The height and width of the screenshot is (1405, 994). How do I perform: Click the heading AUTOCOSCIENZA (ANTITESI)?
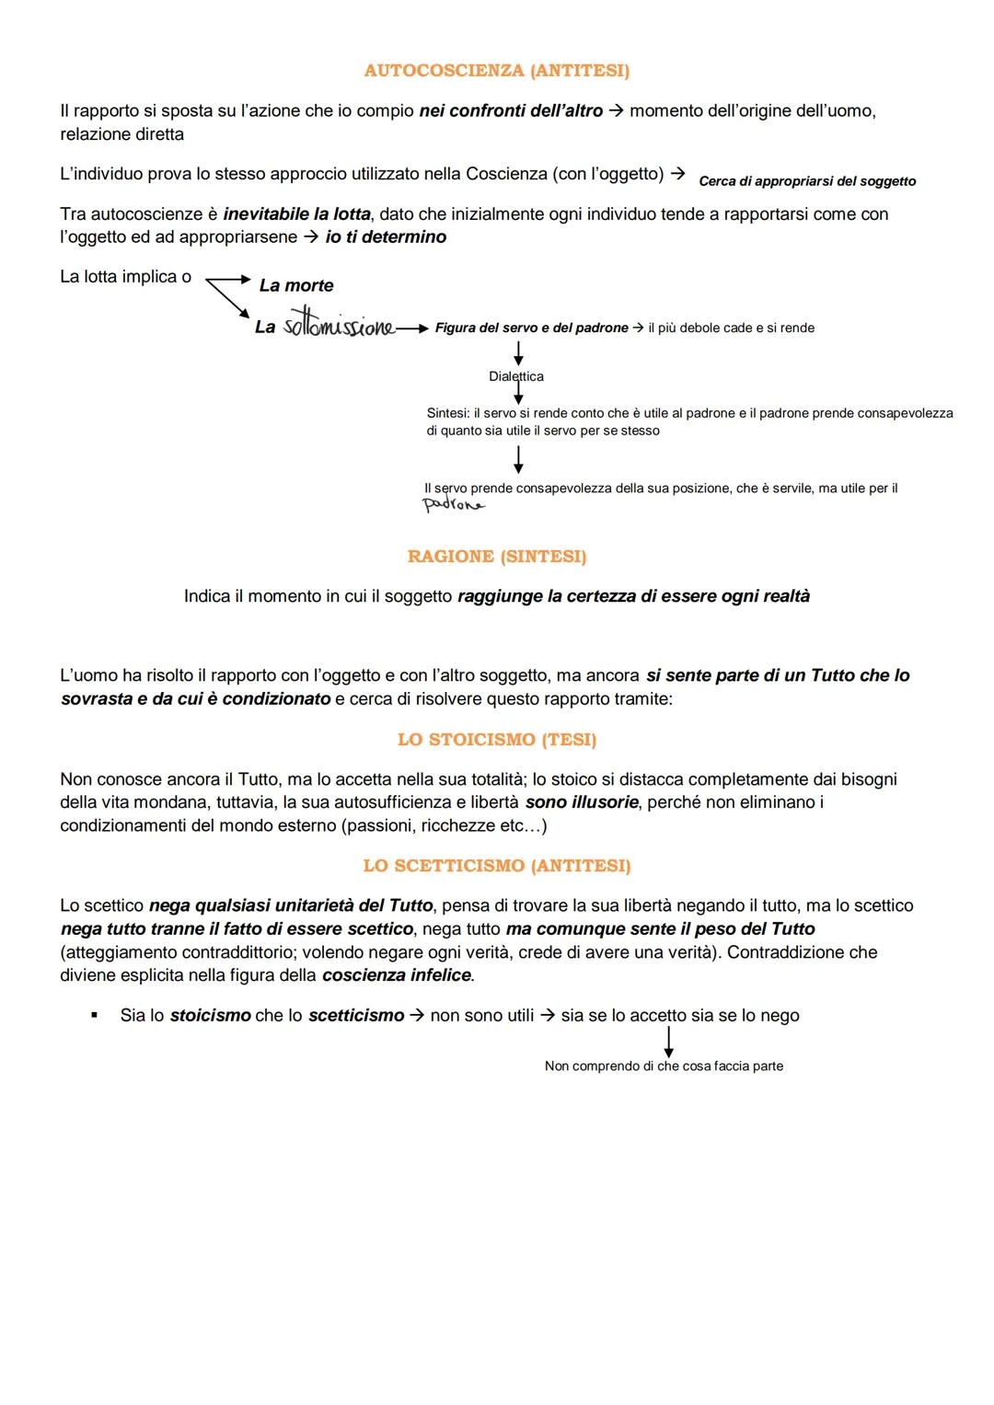[496, 71]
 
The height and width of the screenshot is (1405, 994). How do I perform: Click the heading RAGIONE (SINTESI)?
[496, 557]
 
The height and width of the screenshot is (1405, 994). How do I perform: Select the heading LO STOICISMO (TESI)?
[496, 740]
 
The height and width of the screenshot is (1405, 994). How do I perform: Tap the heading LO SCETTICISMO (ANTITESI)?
[496, 866]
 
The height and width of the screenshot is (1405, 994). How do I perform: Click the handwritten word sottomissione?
[338, 327]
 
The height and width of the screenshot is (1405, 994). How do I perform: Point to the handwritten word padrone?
[453, 504]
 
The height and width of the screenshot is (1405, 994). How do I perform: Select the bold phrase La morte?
[296, 286]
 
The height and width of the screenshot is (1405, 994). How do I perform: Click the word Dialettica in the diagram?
[515, 376]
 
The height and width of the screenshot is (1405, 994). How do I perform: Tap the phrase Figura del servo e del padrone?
[531, 328]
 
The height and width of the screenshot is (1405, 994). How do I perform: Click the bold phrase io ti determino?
[386, 237]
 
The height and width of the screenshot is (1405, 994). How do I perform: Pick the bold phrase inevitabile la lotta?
[296, 214]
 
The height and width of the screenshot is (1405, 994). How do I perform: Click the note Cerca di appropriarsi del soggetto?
[807, 181]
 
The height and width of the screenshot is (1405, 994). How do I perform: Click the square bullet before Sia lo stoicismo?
[94, 1016]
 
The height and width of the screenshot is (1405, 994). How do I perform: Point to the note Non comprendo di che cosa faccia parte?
[664, 1066]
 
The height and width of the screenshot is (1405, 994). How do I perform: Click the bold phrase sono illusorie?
[582, 802]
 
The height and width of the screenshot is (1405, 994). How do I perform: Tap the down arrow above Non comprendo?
[669, 1041]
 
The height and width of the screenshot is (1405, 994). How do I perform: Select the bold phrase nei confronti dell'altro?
[511, 111]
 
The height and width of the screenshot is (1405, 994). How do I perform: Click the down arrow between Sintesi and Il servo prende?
[518, 459]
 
